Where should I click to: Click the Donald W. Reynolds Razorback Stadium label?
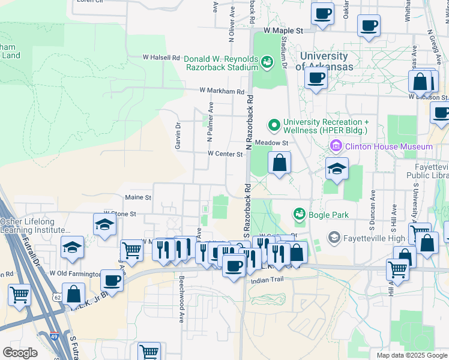pyautogui.click(x=220, y=63)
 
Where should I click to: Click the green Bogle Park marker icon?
pyautogui.click(x=298, y=214)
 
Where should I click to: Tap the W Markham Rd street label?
pyautogui.click(x=222, y=92)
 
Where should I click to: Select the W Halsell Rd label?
pyautogui.click(x=161, y=58)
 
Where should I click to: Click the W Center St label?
pyautogui.click(x=225, y=154)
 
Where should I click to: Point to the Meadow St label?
pyautogui.click(x=272, y=143)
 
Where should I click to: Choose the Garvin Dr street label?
pyautogui.click(x=178, y=136)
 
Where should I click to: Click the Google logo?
pyautogui.click(x=20, y=353)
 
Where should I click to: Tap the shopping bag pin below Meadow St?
pyautogui.click(x=279, y=162)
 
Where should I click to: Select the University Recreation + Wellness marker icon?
pyautogui.click(x=274, y=125)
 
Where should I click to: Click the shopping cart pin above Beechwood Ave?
pyautogui.click(x=132, y=251)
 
